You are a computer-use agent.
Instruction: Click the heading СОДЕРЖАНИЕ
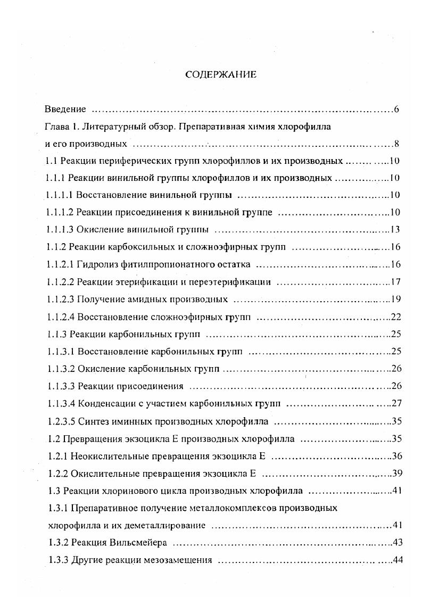[x=220, y=75]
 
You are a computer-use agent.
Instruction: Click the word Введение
[x=65, y=110]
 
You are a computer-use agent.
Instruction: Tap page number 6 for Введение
[x=397, y=110]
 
